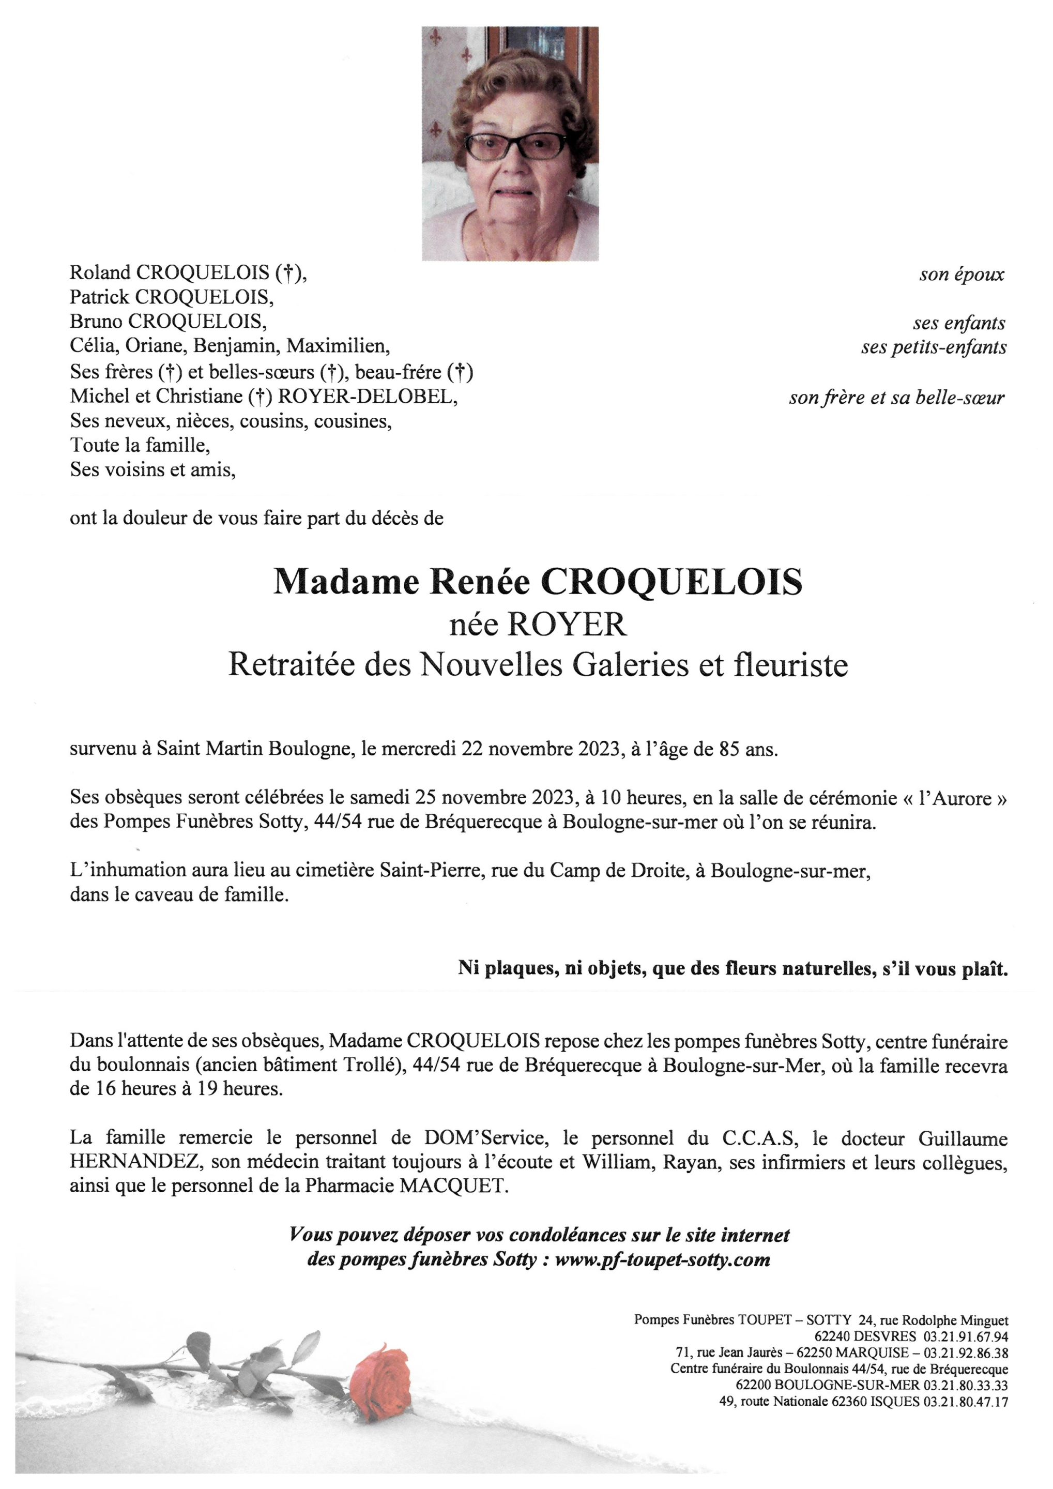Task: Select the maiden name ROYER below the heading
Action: coord(566,625)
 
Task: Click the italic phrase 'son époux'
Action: coord(961,275)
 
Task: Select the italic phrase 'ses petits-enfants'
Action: coord(934,347)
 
